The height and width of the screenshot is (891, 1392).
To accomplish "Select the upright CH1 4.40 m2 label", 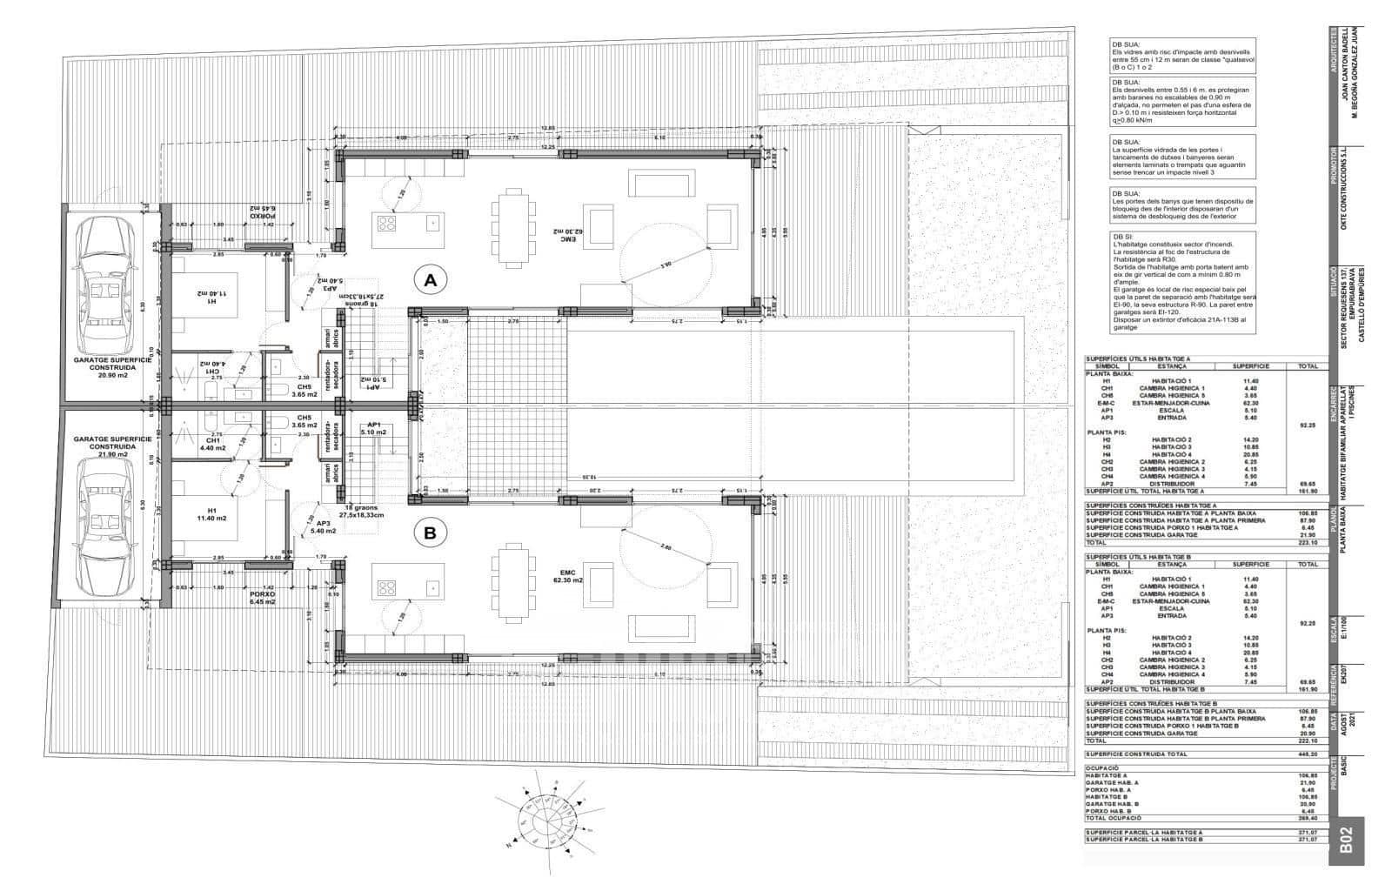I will (x=213, y=445).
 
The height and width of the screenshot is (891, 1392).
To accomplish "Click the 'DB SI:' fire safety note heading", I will (x=1121, y=236).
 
